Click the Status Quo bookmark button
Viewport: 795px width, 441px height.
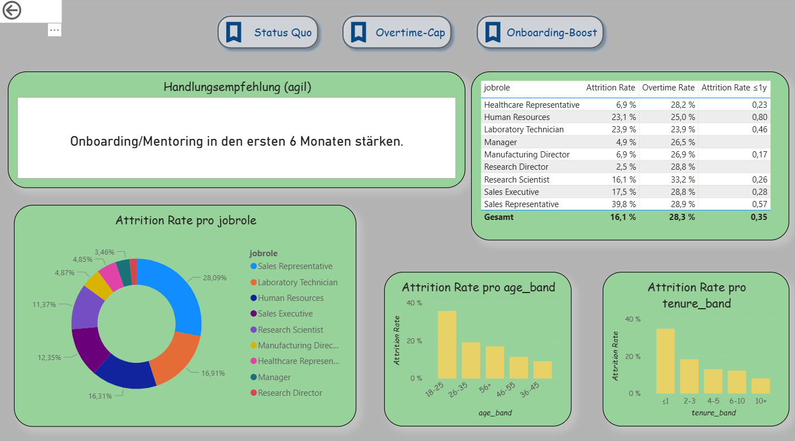pyautogui.click(x=268, y=32)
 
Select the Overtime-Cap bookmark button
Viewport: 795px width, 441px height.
pyautogui.click(x=396, y=32)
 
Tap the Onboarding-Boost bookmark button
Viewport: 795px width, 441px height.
pyautogui.click(x=540, y=32)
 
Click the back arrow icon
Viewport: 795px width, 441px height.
pyautogui.click(x=12, y=11)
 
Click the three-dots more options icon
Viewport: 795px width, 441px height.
pyautogui.click(x=54, y=30)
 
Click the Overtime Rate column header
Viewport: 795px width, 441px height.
pyautogui.click(x=668, y=88)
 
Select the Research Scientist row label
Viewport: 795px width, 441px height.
pyautogui.click(x=516, y=180)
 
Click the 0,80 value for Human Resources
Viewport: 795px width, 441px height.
pyautogui.click(x=759, y=117)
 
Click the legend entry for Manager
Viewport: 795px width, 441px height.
pyautogui.click(x=274, y=377)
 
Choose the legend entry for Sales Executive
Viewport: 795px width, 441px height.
pyautogui.click(x=285, y=314)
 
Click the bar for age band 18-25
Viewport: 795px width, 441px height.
pyautogui.click(x=447, y=344)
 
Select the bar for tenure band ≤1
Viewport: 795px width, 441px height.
pyautogui.click(x=665, y=361)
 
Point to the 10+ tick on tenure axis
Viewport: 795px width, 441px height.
pyautogui.click(x=760, y=401)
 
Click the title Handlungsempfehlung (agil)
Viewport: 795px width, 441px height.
pyautogui.click(x=237, y=87)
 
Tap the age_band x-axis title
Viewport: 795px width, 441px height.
pyautogui.click(x=495, y=413)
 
